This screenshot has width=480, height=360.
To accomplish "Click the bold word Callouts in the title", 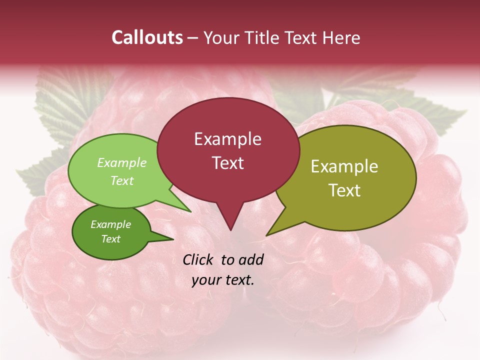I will (147, 37).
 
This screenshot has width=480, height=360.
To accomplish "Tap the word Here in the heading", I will (342, 37).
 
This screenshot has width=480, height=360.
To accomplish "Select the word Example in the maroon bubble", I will (227, 139).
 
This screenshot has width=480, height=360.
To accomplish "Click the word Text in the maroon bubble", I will (227, 163).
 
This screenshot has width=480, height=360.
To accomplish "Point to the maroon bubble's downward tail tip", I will (230, 230).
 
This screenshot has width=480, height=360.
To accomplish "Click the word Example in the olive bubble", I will (344, 166).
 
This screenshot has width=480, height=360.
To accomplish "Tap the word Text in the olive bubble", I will (344, 190).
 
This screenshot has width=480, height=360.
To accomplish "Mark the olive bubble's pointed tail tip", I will (266, 235).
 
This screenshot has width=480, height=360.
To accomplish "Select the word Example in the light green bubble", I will (122, 162).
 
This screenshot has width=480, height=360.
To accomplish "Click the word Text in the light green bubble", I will (122, 180).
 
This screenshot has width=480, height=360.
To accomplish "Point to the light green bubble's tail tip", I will (191, 211).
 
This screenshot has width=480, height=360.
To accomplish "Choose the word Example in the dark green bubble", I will (110, 224).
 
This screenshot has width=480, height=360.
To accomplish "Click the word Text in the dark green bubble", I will (110, 239).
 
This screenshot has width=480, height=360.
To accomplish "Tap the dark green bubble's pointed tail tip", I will (173, 239).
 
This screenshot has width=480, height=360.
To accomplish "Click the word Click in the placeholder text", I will (199, 259).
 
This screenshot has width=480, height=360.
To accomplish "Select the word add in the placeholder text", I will (251, 259).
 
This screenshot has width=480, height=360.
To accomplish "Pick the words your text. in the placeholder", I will (223, 280).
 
